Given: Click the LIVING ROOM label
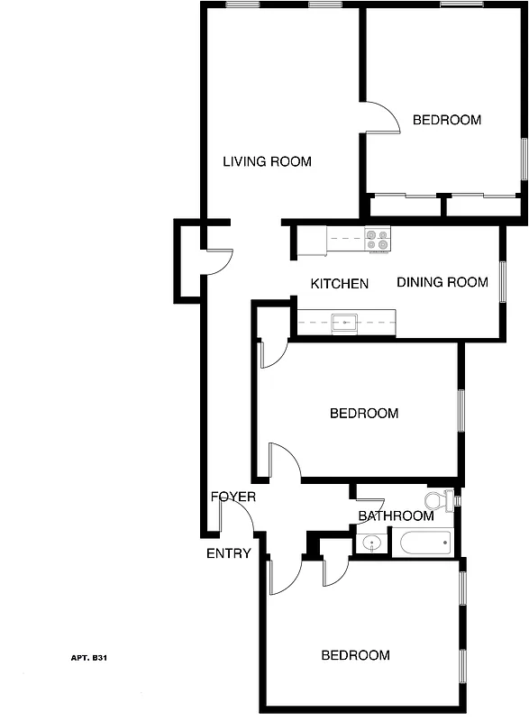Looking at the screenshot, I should pos(267,162).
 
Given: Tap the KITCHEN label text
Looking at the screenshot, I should pos(340,284).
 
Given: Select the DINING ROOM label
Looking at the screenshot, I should pos(442,282).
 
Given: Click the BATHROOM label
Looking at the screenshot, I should pos(397,516).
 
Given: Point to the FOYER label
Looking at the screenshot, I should pos(233,497).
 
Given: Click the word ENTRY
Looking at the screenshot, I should pos(229,553).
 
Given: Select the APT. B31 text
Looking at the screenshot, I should pos(89,659).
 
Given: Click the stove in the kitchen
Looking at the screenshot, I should pos(378,240).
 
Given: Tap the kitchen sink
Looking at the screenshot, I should pos(344,320).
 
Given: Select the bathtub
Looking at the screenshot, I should pos(424,543).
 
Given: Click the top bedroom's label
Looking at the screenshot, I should pos(447,120).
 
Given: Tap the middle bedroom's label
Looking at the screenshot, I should pos(364,414).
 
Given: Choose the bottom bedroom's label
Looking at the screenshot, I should pos(356,655).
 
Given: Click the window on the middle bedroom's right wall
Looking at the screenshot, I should pos(461,410).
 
